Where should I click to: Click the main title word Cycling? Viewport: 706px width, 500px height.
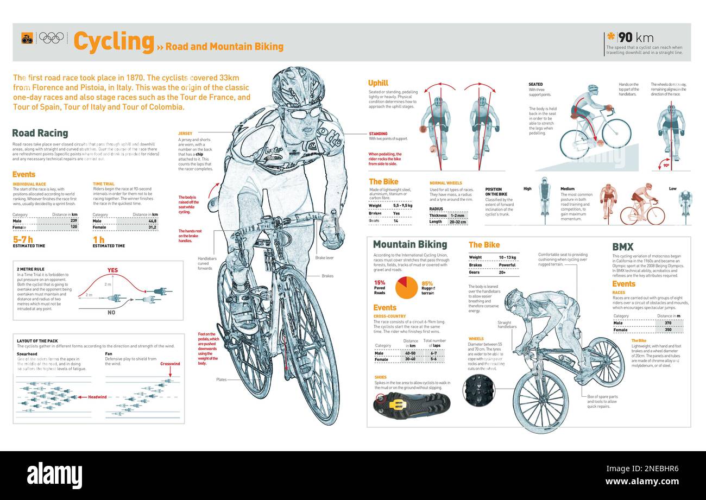click(114, 42)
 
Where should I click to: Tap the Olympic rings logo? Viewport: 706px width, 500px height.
click(52, 38)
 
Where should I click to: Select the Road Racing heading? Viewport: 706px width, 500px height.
click(40, 133)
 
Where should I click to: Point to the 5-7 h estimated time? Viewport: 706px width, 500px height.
click(23, 239)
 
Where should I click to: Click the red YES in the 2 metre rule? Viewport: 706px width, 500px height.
click(112, 270)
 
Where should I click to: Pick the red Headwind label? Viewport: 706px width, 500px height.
click(98, 397)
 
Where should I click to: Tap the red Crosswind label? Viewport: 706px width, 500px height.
click(170, 364)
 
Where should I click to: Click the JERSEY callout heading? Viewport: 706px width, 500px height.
click(185, 133)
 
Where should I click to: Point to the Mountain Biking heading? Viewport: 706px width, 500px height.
click(409, 245)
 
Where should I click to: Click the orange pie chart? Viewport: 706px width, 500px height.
click(406, 288)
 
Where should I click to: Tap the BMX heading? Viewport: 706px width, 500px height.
click(622, 247)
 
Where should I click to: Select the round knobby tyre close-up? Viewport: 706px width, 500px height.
click(479, 390)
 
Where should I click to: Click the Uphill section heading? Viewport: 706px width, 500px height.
click(378, 83)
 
